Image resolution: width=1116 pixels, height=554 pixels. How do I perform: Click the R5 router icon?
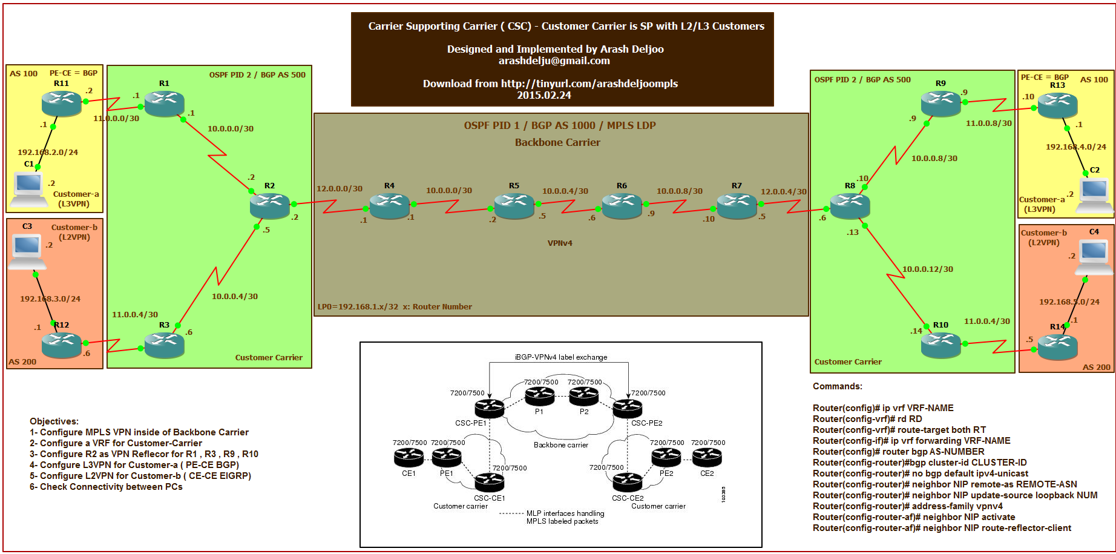pos(514,206)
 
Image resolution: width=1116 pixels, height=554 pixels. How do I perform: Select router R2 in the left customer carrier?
pos(269,206)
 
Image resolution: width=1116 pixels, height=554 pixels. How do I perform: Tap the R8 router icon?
pos(850,206)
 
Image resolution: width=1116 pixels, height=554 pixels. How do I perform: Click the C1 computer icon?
pos(28,188)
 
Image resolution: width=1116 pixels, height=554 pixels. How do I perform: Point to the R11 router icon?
pos(61,104)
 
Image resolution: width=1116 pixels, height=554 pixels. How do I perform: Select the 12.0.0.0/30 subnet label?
pos(340,189)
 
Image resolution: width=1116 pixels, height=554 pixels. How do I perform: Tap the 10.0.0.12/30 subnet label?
pos(927,269)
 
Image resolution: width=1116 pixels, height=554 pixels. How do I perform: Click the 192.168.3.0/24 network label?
pos(50,299)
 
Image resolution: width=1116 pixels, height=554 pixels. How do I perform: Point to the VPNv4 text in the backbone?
pos(560,243)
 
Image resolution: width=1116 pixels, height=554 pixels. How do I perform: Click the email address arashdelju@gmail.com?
pos(554,61)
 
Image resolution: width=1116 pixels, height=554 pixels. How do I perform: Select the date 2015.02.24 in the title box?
pos(543,95)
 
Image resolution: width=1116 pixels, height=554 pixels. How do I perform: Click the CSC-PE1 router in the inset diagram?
pos(489,408)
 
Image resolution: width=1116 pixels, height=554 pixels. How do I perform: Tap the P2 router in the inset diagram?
pos(584,397)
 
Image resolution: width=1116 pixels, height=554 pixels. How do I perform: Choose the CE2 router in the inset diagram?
pos(707,458)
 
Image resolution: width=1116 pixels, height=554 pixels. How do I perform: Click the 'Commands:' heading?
pos(837,386)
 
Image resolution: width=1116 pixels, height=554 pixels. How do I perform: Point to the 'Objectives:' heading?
pos(54,421)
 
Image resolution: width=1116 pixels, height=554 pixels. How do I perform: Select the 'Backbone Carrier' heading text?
pos(557,143)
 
